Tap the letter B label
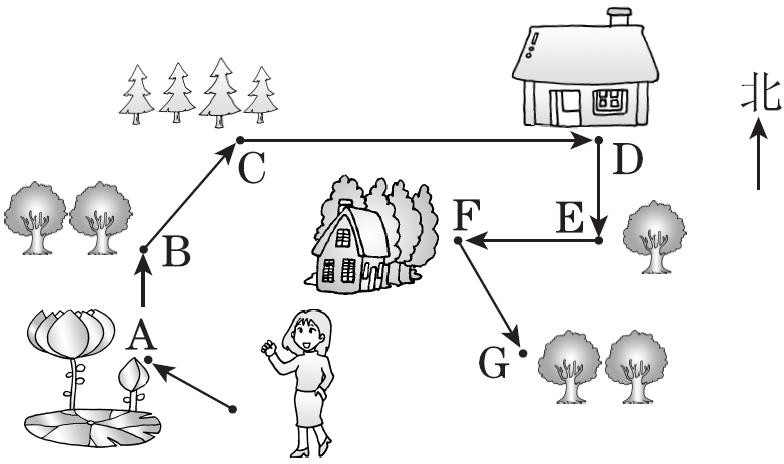176,254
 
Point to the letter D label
626,161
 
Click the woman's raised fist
267,348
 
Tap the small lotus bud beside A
131,377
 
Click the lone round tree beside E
655,235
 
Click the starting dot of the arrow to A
234,409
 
